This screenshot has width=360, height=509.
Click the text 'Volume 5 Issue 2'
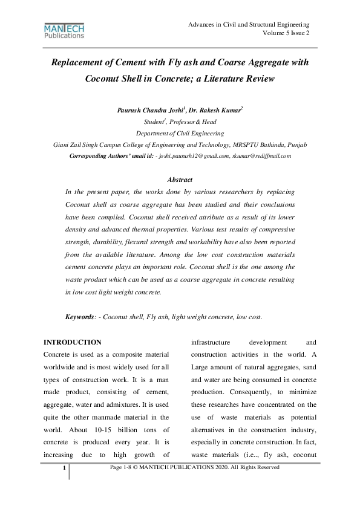(x=286, y=33)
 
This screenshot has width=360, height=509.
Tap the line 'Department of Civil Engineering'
(x=180, y=133)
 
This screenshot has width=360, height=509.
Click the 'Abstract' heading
(x=180, y=180)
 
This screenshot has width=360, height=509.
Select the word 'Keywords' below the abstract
(x=81, y=317)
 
